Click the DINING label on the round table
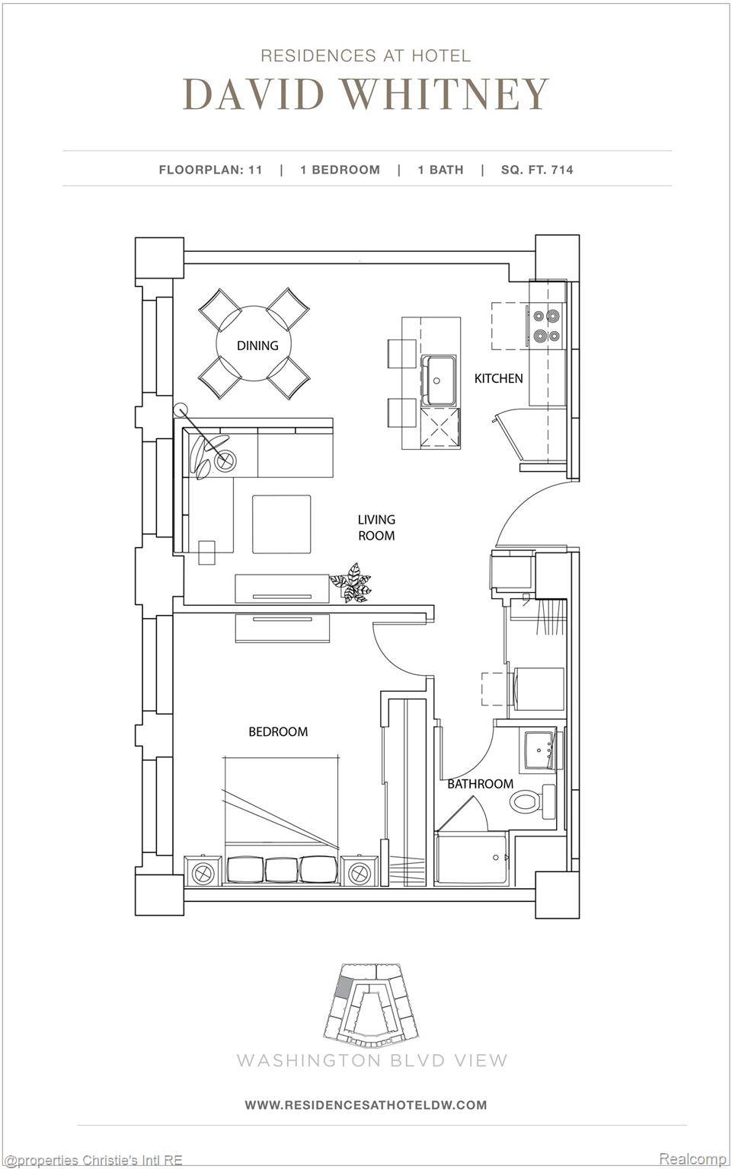(257, 346)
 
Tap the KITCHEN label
(499, 378)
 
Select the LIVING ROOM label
(376, 527)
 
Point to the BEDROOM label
(278, 732)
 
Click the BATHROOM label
(480, 784)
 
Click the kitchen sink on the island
(440, 380)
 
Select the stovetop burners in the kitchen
(546, 325)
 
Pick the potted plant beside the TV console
(352, 584)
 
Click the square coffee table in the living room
(282, 524)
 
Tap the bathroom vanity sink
(540, 748)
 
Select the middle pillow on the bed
(282, 870)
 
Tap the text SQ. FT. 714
(537, 170)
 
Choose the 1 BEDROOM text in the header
(340, 170)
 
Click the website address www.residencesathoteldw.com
(366, 1104)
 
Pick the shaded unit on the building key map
(344, 987)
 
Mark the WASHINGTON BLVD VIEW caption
(372, 1059)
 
